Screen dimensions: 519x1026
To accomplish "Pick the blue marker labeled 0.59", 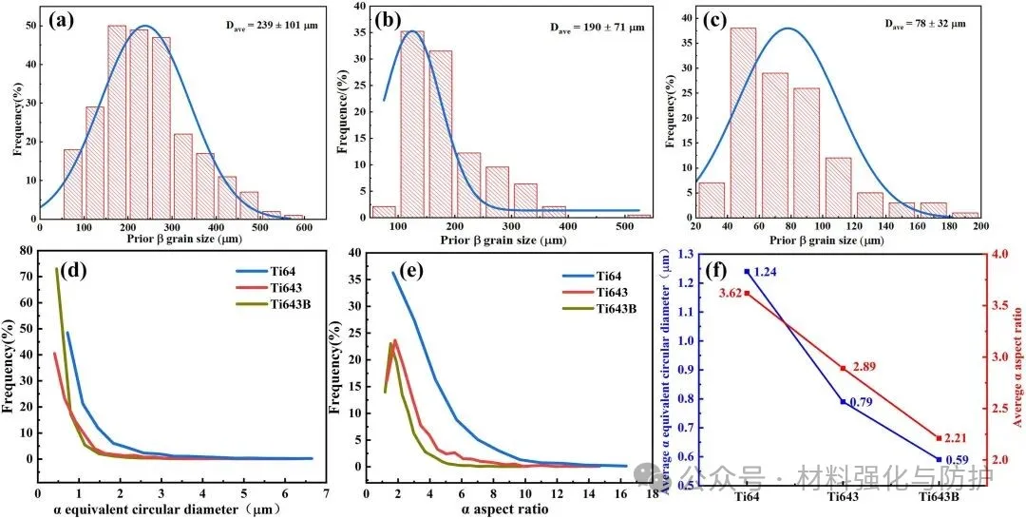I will (x=939, y=459).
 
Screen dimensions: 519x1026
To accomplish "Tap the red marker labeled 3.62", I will (x=747, y=293).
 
